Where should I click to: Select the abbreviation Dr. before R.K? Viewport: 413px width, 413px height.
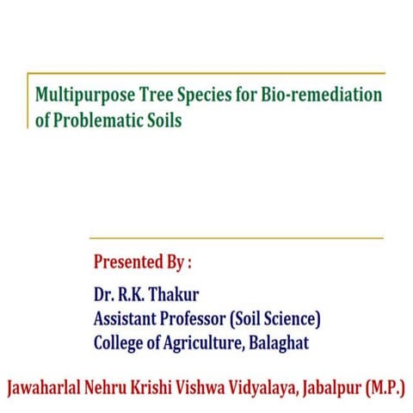click(105, 295)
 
